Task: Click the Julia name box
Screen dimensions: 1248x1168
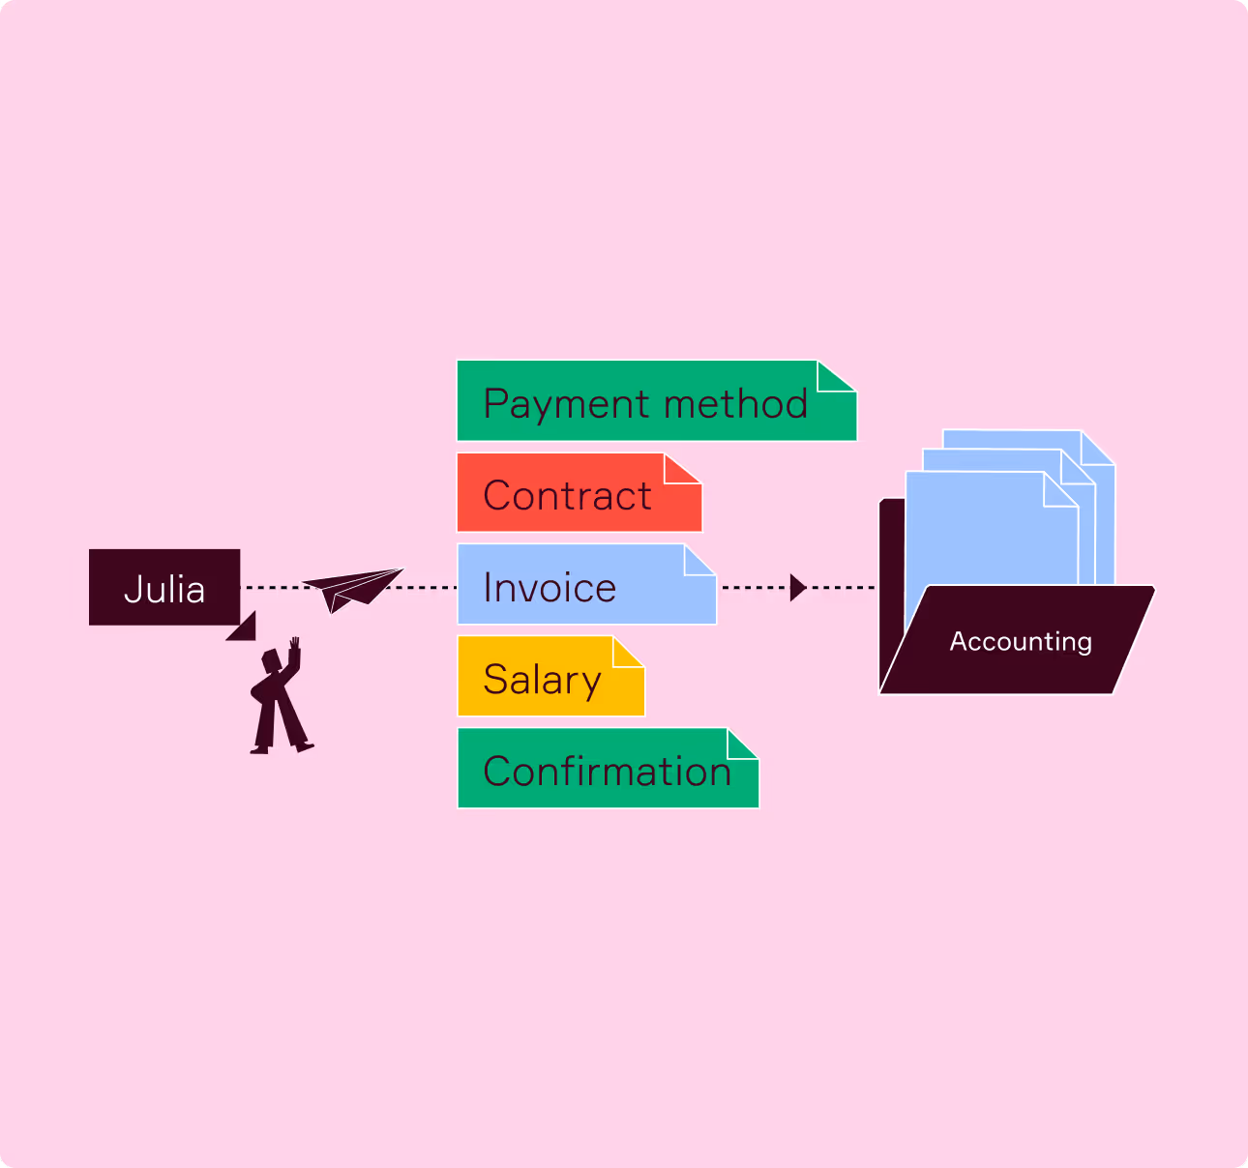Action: [x=164, y=587]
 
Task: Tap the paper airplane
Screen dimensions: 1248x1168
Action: [x=352, y=587]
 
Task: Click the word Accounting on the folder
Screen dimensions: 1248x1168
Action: [x=1021, y=641]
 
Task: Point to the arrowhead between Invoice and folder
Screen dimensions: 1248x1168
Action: [x=797, y=587]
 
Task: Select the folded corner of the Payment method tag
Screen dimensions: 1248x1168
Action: [x=834, y=377]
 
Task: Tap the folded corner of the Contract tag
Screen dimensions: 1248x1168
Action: [x=680, y=469]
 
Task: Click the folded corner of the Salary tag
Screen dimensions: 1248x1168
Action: [x=626, y=653]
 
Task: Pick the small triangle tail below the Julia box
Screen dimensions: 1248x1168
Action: [x=244, y=628]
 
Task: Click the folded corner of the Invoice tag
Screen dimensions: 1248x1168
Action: [x=698, y=561]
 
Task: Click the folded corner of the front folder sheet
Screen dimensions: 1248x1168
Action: [x=1058, y=491]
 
